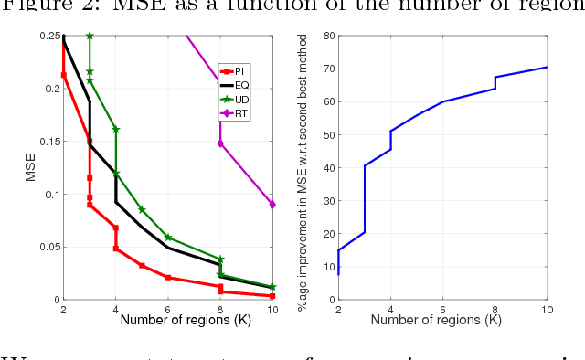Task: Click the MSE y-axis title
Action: [29, 168]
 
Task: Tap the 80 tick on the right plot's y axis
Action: [326, 37]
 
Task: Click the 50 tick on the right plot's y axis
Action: [326, 135]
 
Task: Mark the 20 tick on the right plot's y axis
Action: [326, 234]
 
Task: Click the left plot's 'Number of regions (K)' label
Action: [168, 320]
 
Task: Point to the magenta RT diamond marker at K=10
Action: [272, 205]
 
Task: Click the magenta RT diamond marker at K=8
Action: [220, 143]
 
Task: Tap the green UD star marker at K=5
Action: [142, 209]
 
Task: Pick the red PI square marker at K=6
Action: [168, 277]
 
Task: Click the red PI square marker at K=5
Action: [142, 266]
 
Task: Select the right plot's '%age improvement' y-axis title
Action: [303, 168]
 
